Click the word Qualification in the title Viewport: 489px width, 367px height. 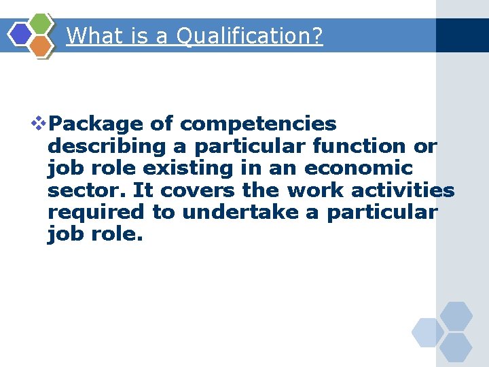tap(249, 35)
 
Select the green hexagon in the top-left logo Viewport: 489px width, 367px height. tap(42, 24)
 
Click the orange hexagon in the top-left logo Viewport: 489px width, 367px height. tap(41, 46)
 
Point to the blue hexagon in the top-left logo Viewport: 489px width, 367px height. tap(21, 35)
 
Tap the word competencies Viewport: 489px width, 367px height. tap(258, 124)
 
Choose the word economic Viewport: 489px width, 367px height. tap(359, 168)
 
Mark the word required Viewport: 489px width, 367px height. tap(96, 212)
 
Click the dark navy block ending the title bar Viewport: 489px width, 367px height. tap(462, 35)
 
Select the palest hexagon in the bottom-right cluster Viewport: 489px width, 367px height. tap(427, 332)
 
